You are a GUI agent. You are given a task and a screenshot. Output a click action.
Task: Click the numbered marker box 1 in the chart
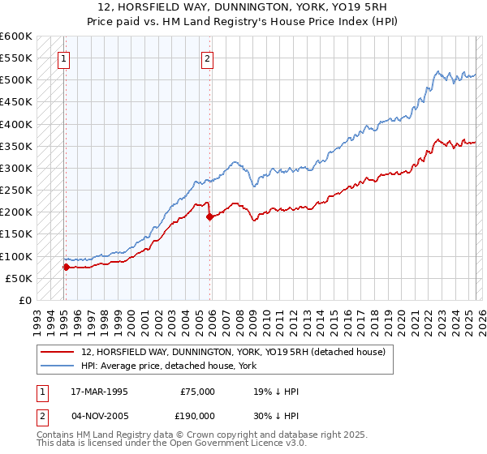63,58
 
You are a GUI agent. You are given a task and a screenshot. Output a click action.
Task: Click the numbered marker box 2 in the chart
208,58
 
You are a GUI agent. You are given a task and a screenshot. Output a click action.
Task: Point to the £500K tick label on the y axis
16,80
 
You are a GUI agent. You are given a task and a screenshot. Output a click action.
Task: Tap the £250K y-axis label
16,191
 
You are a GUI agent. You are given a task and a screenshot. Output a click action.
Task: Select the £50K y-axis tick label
19,278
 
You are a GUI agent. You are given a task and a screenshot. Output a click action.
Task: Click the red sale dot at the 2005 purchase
210,216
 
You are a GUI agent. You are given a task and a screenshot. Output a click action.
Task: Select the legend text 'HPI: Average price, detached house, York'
169,366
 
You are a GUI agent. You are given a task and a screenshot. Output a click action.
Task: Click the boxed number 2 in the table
41,416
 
